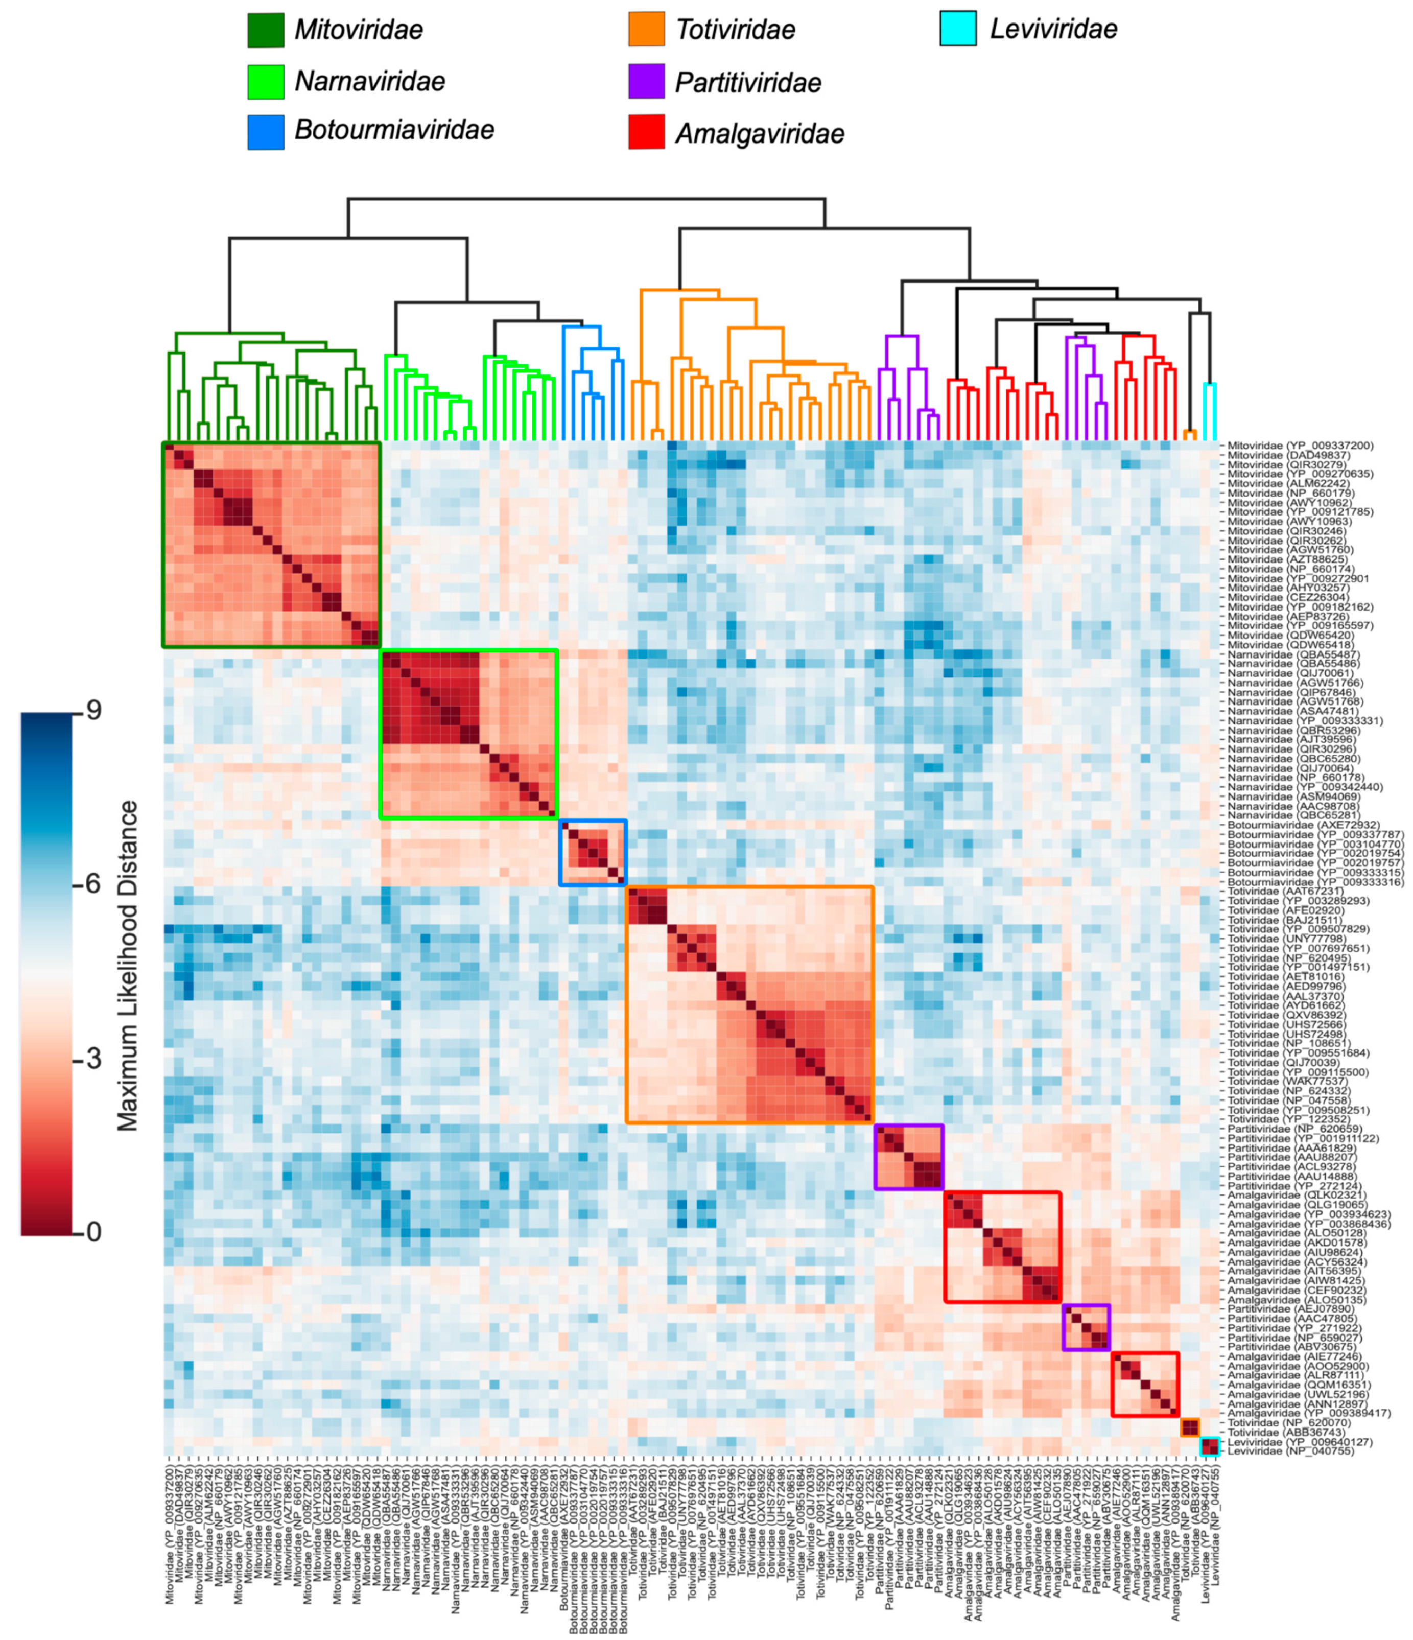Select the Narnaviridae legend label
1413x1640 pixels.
click(x=370, y=81)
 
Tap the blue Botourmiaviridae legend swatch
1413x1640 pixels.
click(x=265, y=131)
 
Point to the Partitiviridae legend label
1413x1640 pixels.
click(x=748, y=82)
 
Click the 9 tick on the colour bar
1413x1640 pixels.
click(x=93, y=711)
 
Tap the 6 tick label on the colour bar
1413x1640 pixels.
click(x=93, y=883)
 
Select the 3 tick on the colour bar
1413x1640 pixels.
click(x=93, y=1058)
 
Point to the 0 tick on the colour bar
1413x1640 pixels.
click(x=93, y=1232)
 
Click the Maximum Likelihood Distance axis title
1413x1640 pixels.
click(x=127, y=966)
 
